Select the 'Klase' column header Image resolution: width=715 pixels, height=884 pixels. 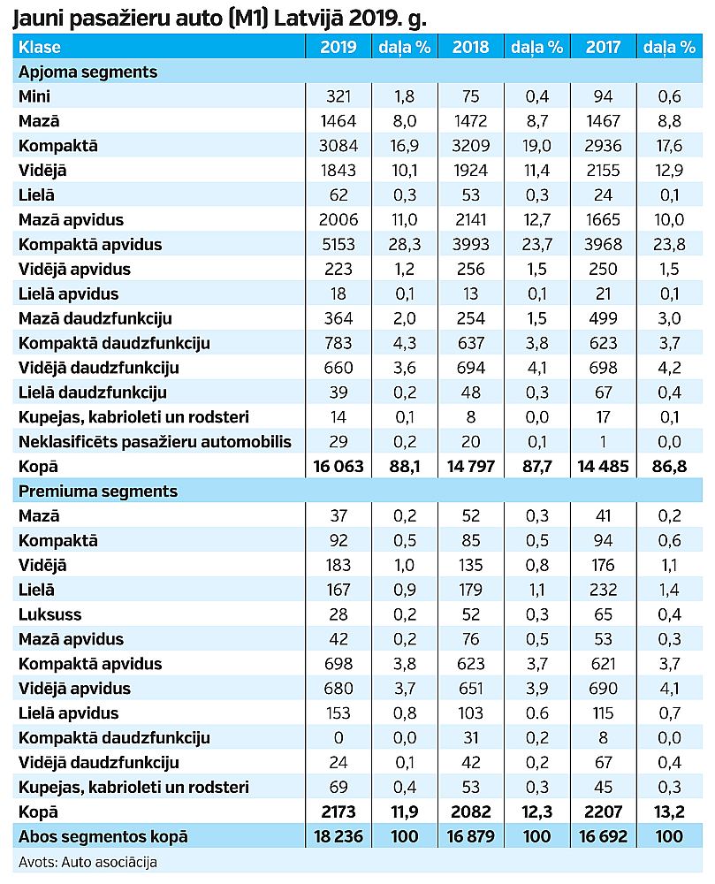click(x=40, y=47)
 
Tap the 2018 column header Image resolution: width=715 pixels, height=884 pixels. click(x=470, y=47)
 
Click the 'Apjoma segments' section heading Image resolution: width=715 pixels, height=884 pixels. click(x=87, y=72)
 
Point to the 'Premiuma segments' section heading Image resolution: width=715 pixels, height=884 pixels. click(x=98, y=491)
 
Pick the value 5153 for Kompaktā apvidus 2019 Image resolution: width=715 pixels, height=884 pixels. click(x=338, y=244)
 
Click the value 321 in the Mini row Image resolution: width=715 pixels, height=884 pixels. click(x=338, y=95)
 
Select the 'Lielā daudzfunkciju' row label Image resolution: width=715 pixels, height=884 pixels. click(x=93, y=392)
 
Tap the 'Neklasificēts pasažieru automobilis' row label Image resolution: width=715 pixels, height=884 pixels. click(x=155, y=441)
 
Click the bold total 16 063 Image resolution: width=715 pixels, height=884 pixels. click(x=338, y=466)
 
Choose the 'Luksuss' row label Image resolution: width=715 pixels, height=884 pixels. click(x=50, y=614)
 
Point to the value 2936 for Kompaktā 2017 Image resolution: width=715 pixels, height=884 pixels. click(x=603, y=146)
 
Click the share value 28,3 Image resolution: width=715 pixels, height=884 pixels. click(x=405, y=244)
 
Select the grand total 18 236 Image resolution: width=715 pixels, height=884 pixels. click(x=338, y=836)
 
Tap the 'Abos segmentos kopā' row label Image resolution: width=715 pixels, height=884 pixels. click(x=103, y=836)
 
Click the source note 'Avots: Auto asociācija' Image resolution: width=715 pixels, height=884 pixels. click(x=87, y=862)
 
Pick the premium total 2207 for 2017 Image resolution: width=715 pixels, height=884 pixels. click(x=603, y=812)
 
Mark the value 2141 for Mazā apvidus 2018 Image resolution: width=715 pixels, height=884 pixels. click(x=470, y=219)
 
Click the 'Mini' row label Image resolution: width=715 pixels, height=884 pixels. click(x=34, y=95)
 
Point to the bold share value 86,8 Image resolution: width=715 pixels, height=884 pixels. click(x=669, y=466)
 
